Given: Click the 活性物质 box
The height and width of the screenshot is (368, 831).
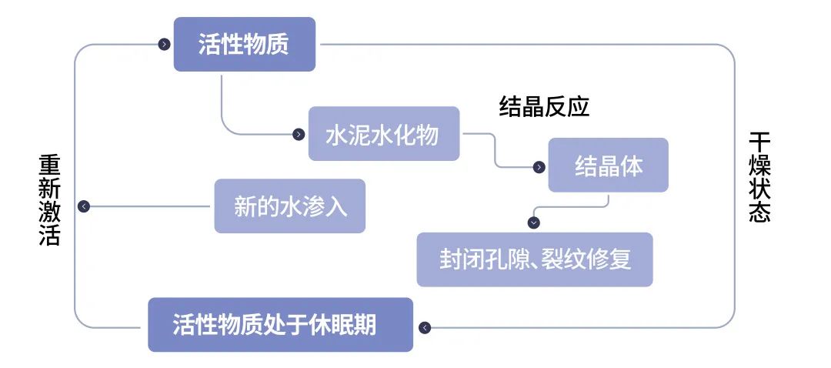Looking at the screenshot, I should tap(244, 45).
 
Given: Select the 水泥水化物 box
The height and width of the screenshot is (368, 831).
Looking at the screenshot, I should tap(383, 135).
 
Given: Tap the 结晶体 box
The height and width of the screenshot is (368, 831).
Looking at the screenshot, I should tap(608, 166).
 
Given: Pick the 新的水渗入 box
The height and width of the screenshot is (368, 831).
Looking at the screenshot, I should tap(290, 206).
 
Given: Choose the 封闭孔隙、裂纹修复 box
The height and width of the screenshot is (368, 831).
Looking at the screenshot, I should tap(535, 259).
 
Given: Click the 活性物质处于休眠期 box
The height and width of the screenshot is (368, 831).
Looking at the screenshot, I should tap(280, 325).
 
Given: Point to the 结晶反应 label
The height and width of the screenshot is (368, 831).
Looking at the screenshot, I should tap(544, 106).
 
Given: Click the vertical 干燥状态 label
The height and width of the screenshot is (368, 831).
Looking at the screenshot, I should tap(759, 177).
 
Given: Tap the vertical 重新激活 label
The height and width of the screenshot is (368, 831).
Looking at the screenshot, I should tap(49, 200).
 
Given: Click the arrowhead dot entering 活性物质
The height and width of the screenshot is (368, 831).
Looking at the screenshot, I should tap(164, 45).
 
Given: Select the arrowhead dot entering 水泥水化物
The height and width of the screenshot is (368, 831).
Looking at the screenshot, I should tap(299, 135).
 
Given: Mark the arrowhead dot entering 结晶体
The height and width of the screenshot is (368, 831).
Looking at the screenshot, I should tap(539, 166).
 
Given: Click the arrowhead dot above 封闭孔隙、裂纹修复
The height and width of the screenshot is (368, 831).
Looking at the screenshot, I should tap(534, 222).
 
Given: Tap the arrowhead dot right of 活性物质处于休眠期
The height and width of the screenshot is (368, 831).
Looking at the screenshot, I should tap(425, 327).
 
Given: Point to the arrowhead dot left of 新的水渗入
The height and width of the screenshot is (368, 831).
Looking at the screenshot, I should tap(84, 206).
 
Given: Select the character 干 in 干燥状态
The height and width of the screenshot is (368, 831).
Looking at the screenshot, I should tap(759, 143).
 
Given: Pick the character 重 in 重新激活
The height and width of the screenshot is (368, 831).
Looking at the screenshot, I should tap(49, 166).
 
